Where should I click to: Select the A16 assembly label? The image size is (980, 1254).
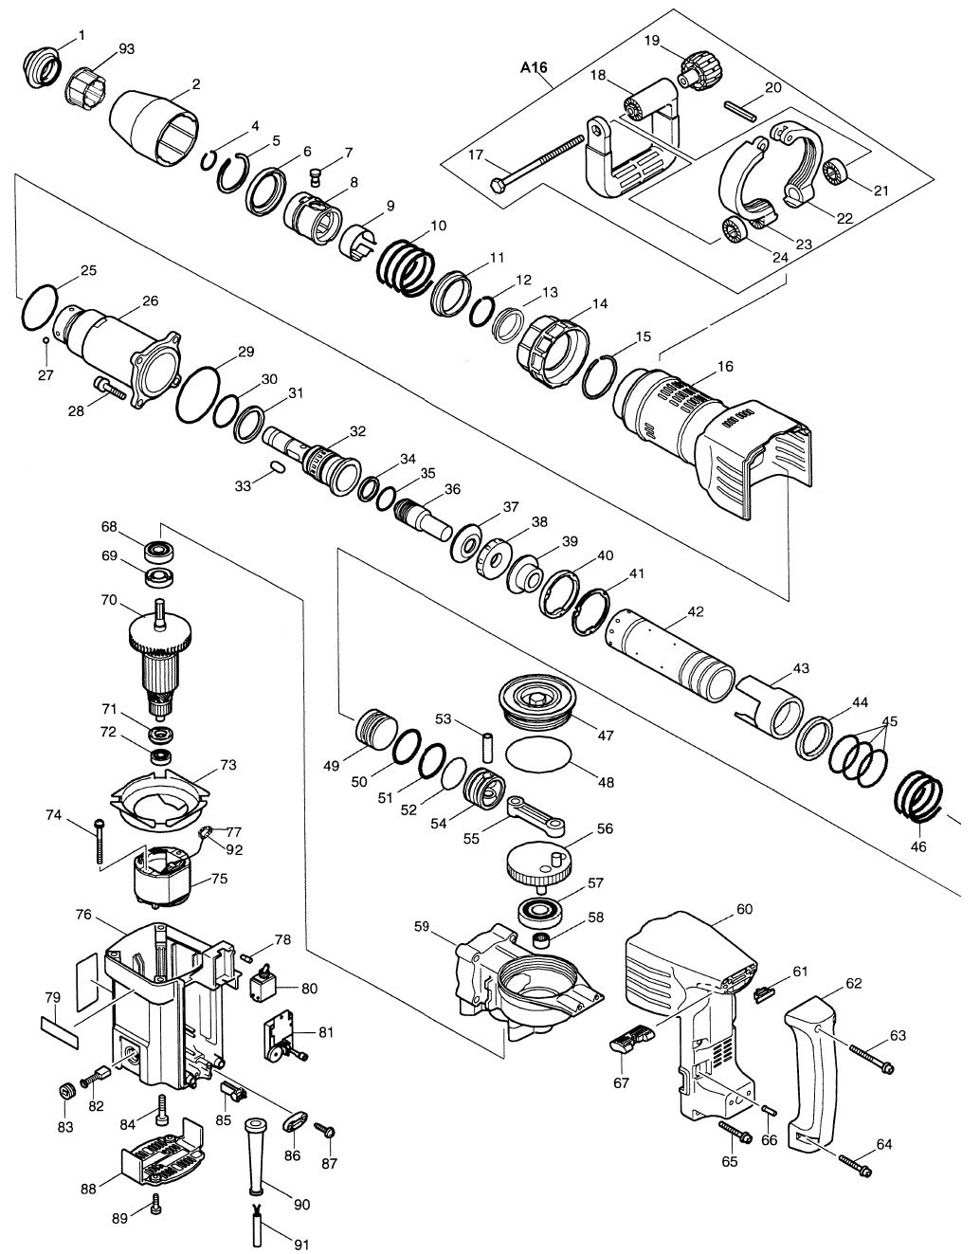point(535,68)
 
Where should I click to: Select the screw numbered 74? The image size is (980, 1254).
point(99,840)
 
